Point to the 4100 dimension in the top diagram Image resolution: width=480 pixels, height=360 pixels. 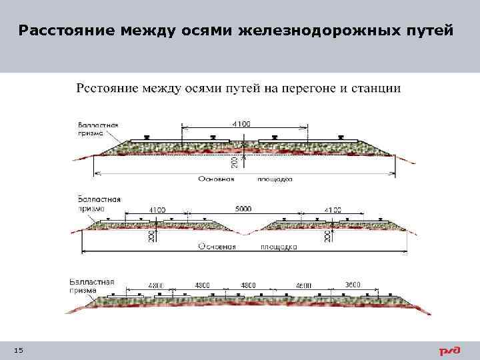pyautogui.click(x=242, y=123)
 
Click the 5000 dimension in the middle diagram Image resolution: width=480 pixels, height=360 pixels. pyautogui.click(x=243, y=209)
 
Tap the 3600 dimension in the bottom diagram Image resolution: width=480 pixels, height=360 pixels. pyautogui.click(x=353, y=285)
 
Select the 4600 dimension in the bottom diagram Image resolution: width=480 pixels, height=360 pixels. pyautogui.click(x=303, y=285)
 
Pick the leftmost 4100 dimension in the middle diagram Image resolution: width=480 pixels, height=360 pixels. pyautogui.click(x=157, y=209)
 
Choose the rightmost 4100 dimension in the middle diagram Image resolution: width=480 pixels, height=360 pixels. pyautogui.click(x=333, y=210)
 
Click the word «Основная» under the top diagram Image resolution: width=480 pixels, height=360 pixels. pyautogui.click(x=217, y=179)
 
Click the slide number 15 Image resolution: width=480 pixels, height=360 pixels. pyautogui.click(x=18, y=351)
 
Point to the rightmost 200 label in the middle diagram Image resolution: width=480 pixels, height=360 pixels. pyautogui.click(x=327, y=236)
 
